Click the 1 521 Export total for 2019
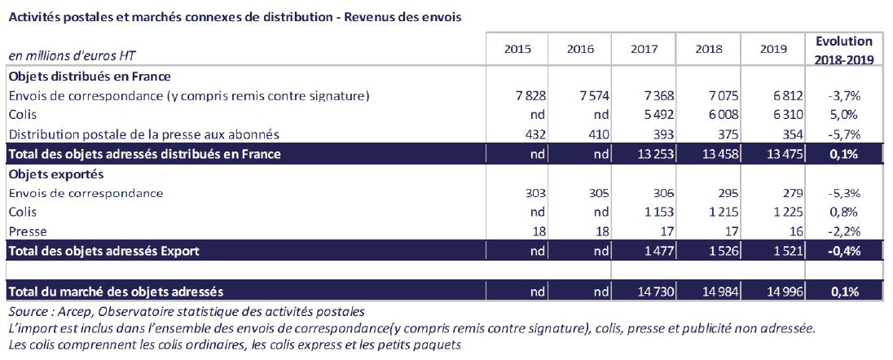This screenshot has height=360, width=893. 774,251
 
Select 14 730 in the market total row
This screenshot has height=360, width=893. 644,291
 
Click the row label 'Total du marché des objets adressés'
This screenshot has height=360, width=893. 116,291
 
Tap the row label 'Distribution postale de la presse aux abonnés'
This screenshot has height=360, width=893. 143,134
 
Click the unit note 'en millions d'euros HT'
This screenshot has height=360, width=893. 72,55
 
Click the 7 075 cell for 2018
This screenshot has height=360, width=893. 710,96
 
